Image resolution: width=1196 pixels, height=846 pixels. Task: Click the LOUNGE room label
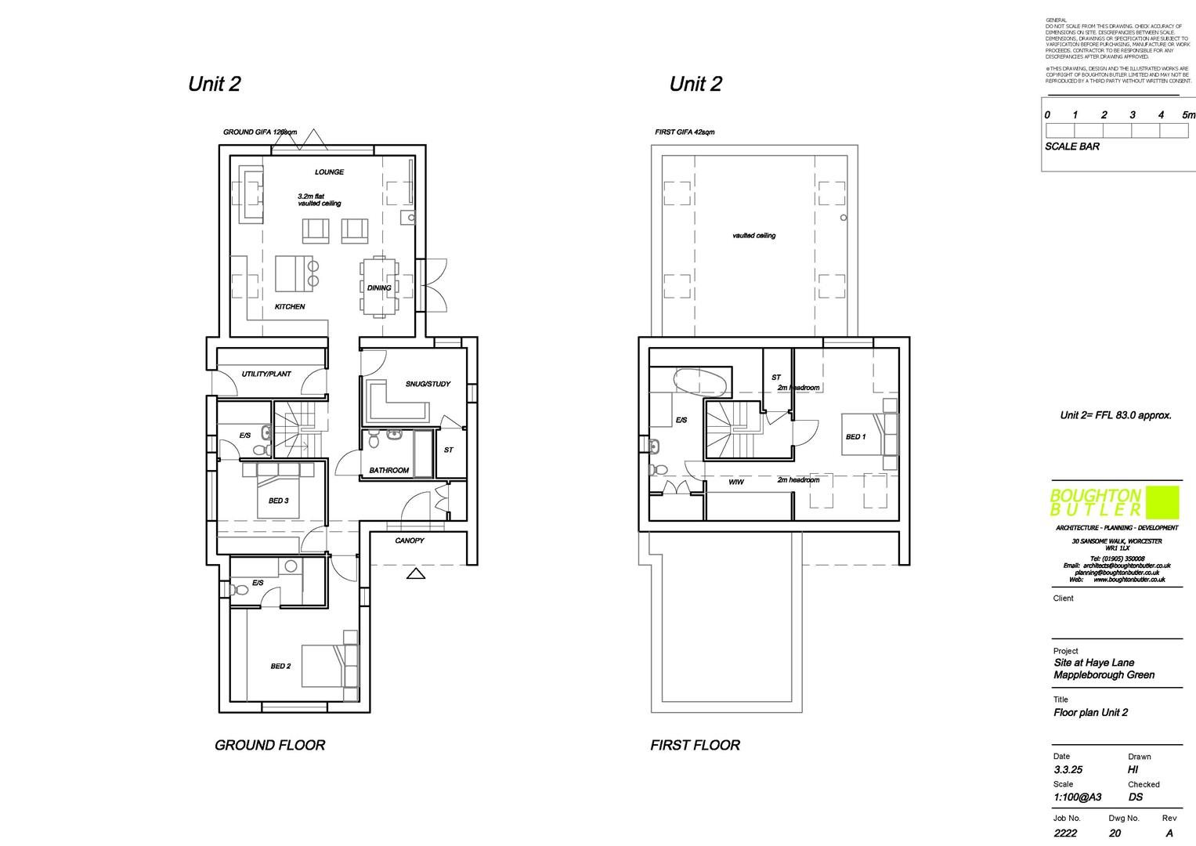point(329,172)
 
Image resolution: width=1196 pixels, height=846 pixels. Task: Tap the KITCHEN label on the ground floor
point(289,307)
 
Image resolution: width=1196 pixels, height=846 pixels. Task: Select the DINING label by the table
point(379,288)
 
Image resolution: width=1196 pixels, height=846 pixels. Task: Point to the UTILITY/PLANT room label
point(266,374)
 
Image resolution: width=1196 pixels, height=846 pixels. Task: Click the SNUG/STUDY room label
point(428,385)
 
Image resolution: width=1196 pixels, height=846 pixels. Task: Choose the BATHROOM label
point(389,471)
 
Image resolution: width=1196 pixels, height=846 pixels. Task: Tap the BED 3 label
point(278,501)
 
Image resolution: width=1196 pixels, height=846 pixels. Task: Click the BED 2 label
point(280,667)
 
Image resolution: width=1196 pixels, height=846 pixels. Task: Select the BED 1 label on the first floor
point(855,437)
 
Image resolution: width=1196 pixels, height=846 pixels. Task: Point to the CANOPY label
point(410,541)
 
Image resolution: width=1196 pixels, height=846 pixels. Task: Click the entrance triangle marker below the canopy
point(416,574)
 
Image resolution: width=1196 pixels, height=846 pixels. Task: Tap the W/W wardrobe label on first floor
point(736,483)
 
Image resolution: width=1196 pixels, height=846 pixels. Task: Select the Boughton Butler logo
point(1114,503)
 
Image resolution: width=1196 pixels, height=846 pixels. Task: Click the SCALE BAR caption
point(1071,146)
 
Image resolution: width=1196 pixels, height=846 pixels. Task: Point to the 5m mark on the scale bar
point(1188,115)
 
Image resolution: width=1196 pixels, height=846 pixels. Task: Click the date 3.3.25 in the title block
point(1068,770)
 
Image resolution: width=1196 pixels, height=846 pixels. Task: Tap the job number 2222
point(1066,833)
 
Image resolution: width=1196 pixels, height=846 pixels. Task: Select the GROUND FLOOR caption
point(269,746)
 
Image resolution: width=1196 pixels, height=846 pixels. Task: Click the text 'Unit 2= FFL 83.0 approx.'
point(1115,415)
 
